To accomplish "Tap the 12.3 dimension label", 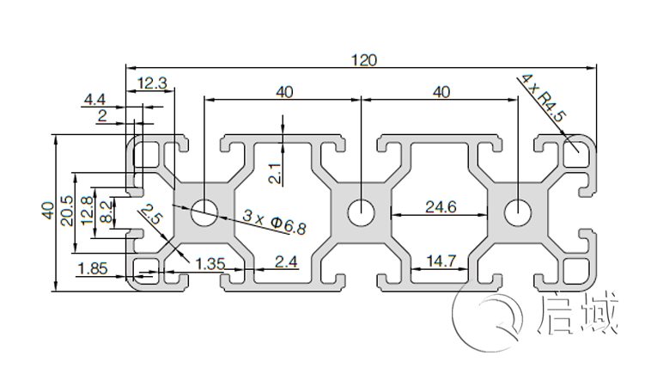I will [x=151, y=83].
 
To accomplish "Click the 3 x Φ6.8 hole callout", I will [x=274, y=221].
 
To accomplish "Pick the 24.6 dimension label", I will [x=440, y=207].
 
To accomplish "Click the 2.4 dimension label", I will [x=286, y=261].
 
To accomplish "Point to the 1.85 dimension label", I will [x=92, y=268].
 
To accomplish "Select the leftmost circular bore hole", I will [x=204, y=212].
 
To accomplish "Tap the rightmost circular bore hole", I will [x=518, y=212].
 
